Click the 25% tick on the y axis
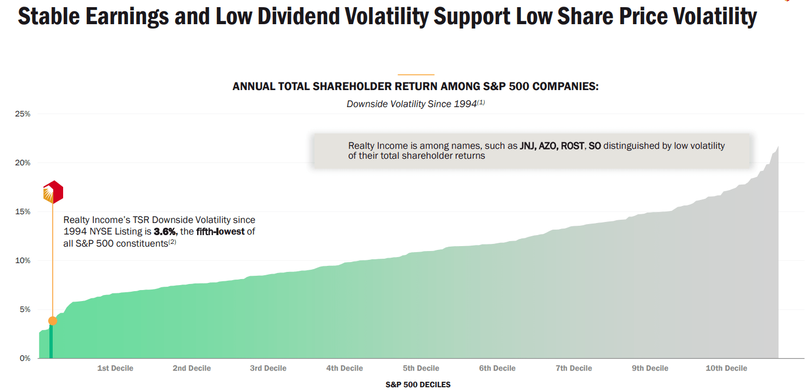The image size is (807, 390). (23, 114)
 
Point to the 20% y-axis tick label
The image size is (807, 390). (23, 163)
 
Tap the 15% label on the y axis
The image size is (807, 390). (23, 211)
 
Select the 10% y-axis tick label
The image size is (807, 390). (23, 260)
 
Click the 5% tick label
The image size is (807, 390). (24, 309)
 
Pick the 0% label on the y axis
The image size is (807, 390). (24, 358)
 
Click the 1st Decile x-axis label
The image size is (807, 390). (115, 368)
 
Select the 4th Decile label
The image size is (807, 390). (344, 368)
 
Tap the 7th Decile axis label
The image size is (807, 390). (574, 368)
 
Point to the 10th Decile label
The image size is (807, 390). (726, 368)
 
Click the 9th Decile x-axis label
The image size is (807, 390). (650, 368)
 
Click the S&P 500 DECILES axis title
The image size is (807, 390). (418, 385)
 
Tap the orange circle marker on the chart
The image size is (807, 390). (53, 321)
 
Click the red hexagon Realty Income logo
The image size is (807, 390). (53, 192)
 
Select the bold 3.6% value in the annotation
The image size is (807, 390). (165, 232)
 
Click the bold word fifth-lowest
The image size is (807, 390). (220, 232)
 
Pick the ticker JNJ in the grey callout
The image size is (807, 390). (529, 146)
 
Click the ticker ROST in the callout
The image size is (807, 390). (573, 146)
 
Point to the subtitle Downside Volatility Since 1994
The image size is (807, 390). (412, 104)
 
